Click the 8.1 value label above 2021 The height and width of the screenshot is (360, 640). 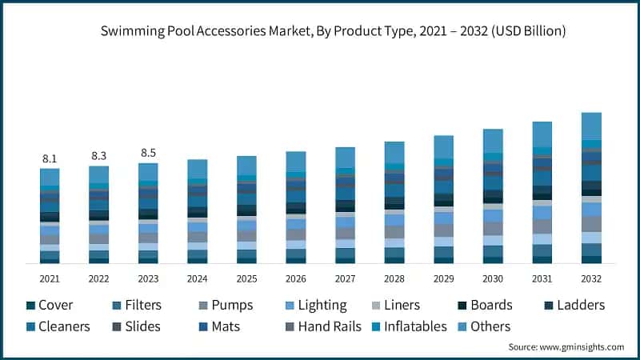coord(50,159)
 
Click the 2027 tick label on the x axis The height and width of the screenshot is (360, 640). coord(345,278)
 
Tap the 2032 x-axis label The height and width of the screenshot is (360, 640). coord(591,278)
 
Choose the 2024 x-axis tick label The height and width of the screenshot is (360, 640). coord(197,278)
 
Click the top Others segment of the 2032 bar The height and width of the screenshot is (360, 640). coord(591,126)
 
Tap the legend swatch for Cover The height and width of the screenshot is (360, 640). coord(30,306)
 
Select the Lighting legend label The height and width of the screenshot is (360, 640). coord(322,305)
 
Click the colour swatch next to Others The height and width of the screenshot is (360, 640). coord(461,326)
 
